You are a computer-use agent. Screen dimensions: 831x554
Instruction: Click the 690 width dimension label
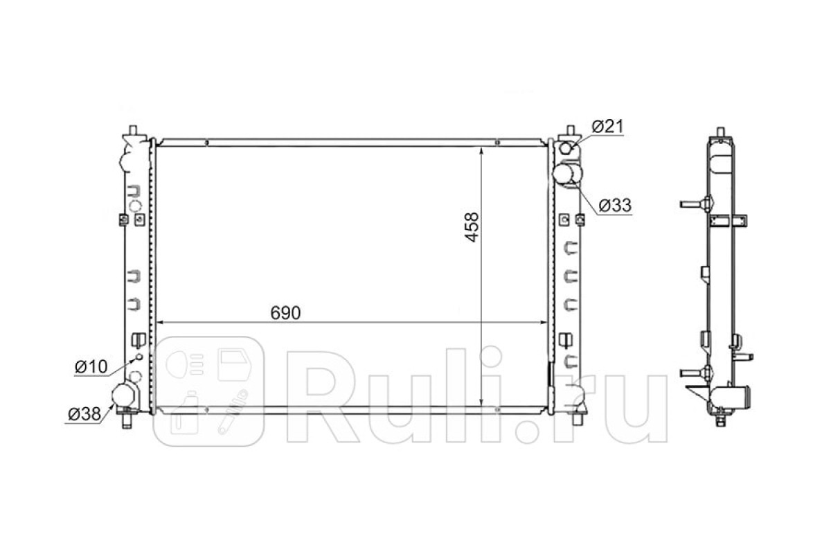[285, 313]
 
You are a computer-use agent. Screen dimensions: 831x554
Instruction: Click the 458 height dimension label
[472, 227]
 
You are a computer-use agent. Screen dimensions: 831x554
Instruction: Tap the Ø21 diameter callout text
[608, 127]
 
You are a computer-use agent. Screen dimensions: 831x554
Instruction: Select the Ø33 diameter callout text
[615, 205]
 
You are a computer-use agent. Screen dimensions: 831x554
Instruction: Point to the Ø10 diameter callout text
[91, 367]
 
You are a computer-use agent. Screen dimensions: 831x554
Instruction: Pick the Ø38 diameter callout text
[84, 414]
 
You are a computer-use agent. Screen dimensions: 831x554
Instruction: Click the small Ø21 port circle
[566, 148]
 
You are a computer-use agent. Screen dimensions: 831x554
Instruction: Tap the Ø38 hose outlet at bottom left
[123, 395]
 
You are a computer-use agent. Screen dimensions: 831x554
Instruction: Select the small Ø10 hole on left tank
[139, 357]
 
